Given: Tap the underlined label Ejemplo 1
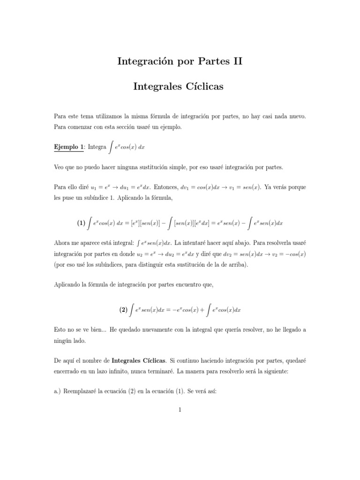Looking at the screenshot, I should tap(68, 147).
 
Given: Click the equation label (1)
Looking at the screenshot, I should tap(82, 211).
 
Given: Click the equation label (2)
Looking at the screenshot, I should tap(123, 309).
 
